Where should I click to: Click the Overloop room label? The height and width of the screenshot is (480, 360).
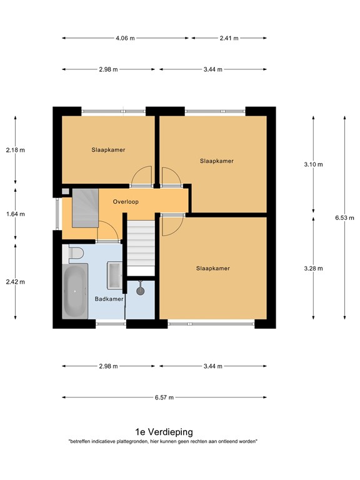click(x=126, y=202)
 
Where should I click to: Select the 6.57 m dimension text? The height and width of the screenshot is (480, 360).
click(x=164, y=397)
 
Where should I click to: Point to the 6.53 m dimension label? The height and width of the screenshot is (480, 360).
click(x=344, y=218)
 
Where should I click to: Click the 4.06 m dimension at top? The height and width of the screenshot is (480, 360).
click(x=126, y=38)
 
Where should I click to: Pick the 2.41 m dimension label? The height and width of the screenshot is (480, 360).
click(x=229, y=38)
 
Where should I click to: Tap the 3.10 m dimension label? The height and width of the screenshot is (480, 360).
click(x=313, y=164)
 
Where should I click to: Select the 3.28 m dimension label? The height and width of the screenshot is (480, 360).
click(x=313, y=269)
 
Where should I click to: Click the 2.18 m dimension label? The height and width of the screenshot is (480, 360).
click(x=15, y=150)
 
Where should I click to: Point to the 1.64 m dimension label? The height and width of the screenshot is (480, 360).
click(x=15, y=214)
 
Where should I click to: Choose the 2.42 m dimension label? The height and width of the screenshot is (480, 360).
click(x=15, y=281)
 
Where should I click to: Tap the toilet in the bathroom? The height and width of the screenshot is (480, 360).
click(x=75, y=252)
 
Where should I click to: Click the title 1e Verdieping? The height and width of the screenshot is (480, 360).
click(x=164, y=432)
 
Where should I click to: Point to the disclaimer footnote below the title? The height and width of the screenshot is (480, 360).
click(x=164, y=442)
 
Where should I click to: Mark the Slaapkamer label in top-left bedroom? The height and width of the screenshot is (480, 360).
click(x=108, y=150)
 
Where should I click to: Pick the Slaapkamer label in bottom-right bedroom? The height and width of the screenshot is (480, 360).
click(x=213, y=269)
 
